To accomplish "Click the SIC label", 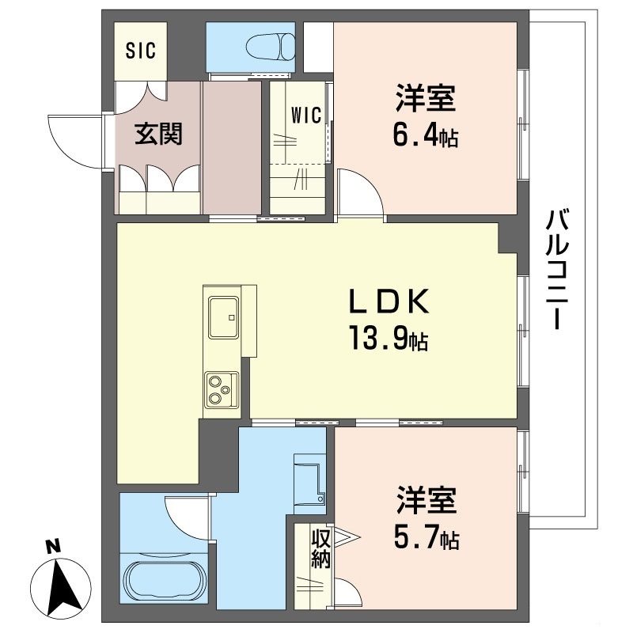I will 142,51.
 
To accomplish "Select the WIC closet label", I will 305,116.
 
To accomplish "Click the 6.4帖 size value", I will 426,137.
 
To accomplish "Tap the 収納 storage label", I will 320,548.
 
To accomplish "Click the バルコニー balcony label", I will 560,269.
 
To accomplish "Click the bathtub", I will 164,583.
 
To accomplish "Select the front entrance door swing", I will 77,140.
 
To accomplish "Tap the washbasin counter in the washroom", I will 309,479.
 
